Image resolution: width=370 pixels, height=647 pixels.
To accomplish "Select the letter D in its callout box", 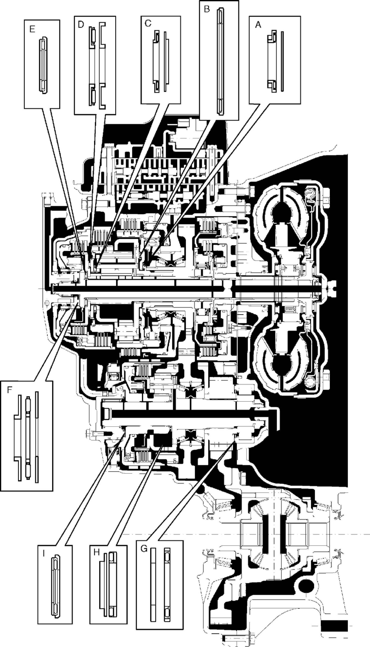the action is pos(81,24).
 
